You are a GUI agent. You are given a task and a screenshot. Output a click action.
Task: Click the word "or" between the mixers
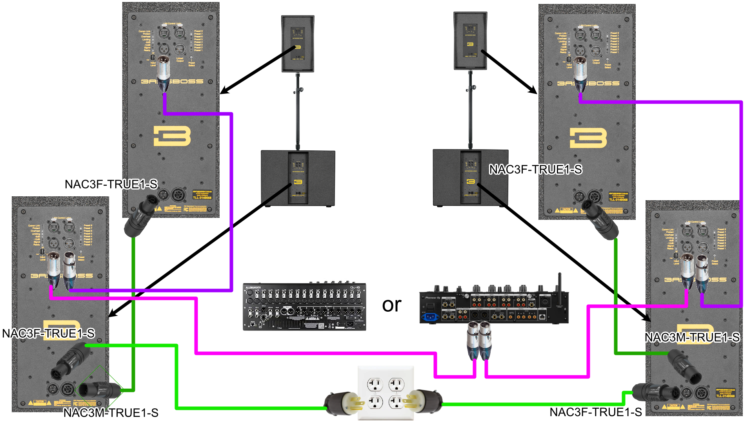[x=391, y=305]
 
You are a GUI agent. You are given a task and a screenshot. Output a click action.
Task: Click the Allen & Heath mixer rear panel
[x=304, y=307]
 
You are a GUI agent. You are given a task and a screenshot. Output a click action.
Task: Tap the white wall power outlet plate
[x=386, y=393]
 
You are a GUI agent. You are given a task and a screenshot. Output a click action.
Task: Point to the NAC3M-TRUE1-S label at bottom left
[x=111, y=413]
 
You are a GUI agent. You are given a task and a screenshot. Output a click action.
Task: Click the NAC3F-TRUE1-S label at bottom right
[x=595, y=412]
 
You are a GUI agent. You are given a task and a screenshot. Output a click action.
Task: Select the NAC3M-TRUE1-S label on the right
[x=692, y=337]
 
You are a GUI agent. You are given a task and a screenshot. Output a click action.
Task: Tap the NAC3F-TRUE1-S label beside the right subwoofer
[x=535, y=170]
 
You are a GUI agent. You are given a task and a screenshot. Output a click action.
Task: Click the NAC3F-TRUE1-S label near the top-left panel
[x=111, y=184]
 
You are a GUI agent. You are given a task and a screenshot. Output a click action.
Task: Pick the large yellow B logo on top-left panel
[x=172, y=136]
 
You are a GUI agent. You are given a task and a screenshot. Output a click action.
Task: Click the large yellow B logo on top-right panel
[x=588, y=138]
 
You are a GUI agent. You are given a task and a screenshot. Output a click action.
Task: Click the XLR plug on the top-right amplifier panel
[x=580, y=75]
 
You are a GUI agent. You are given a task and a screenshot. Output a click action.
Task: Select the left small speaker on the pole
[x=298, y=44]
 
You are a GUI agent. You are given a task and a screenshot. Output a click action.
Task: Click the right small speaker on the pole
[x=470, y=41]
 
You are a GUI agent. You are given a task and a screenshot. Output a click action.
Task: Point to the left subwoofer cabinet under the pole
[x=298, y=179]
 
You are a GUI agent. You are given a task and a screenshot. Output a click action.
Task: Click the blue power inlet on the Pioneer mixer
[x=430, y=316]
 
